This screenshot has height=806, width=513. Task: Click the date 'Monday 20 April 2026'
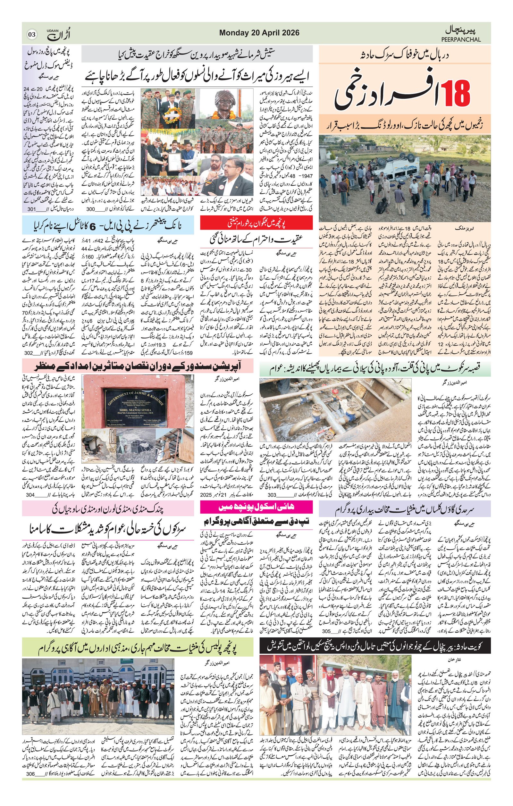259,33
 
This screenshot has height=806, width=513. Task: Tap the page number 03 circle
32,34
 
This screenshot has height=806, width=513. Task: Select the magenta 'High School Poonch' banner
256,507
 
